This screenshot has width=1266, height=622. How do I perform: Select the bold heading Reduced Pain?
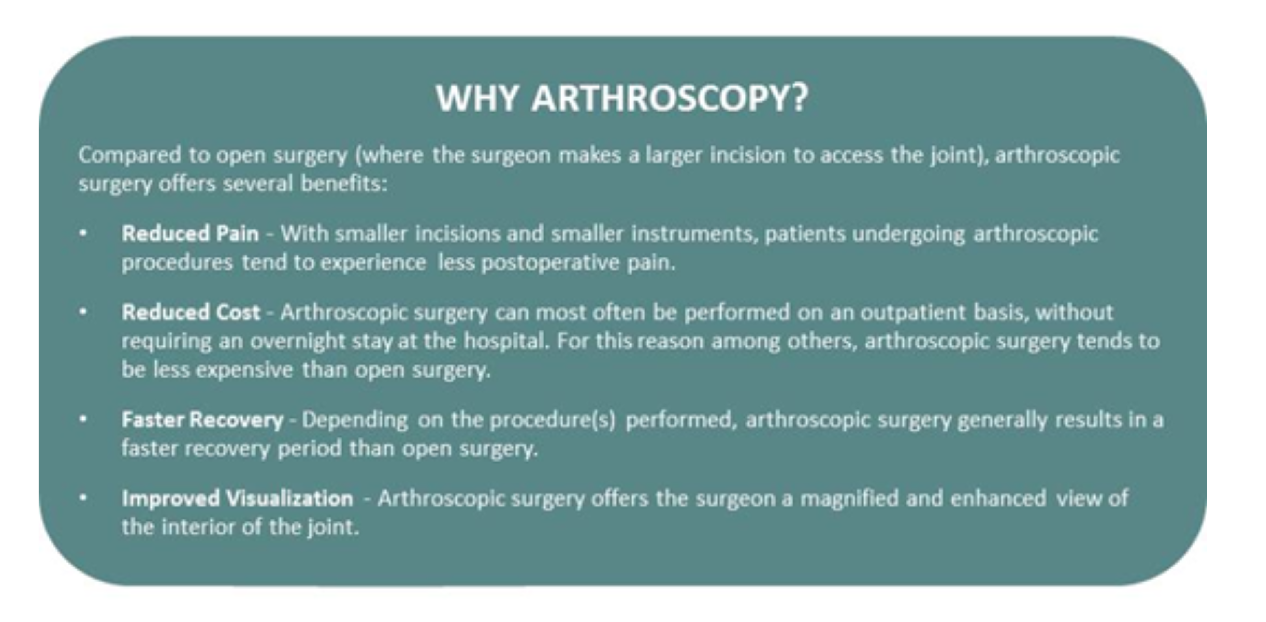pos(190,233)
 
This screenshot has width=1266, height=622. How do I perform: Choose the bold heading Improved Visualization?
pos(237,498)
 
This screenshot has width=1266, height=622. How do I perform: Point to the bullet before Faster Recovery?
pos(83,420)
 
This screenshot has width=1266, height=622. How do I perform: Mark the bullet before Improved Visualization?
pos(83,498)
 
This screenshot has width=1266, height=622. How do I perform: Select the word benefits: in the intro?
pos(344,184)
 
